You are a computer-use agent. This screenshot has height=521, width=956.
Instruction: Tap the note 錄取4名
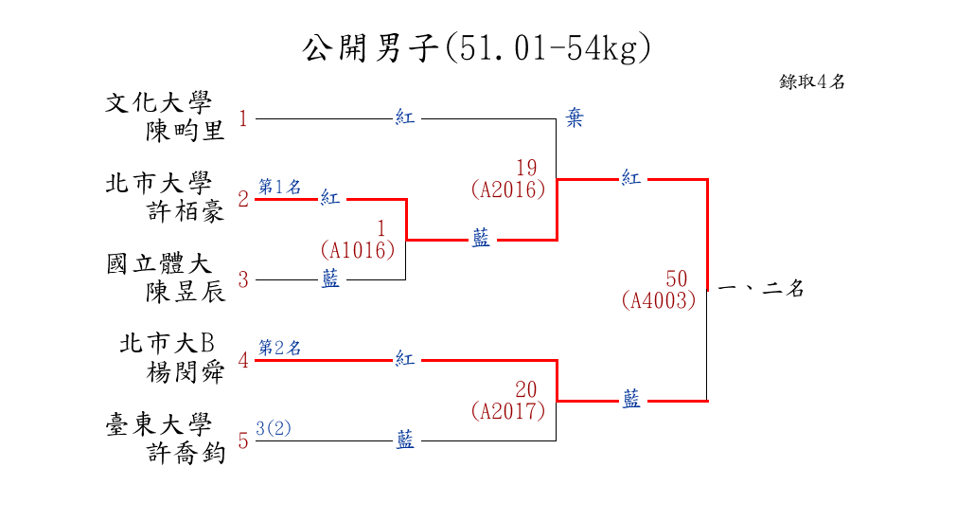click(812, 81)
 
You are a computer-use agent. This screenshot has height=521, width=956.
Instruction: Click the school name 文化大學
click(159, 102)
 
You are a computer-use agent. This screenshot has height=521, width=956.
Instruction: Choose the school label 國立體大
click(159, 263)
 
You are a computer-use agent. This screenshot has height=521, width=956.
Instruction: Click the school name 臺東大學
click(159, 424)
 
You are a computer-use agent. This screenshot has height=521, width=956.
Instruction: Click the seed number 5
click(243, 440)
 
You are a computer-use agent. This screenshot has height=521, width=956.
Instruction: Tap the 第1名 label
click(280, 187)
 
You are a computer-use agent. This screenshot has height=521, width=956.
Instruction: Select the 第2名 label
click(280, 348)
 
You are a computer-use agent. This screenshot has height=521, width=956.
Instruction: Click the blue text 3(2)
click(274, 428)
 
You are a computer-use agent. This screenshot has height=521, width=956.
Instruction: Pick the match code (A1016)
click(358, 250)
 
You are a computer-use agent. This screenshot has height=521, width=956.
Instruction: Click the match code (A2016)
click(508, 189)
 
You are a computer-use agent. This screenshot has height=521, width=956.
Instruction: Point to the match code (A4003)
click(660, 300)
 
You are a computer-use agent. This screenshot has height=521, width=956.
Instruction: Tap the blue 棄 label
click(575, 118)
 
